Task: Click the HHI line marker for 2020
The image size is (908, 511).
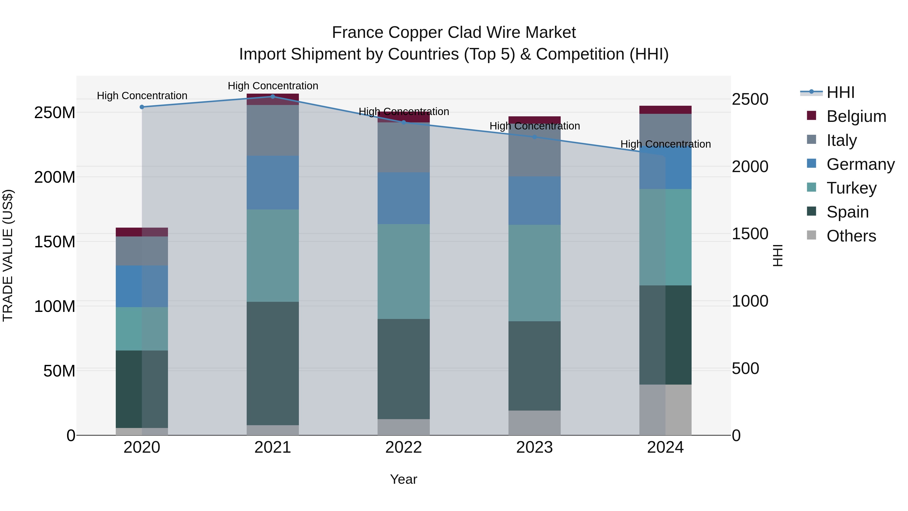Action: click(142, 107)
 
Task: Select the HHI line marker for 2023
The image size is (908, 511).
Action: click(534, 137)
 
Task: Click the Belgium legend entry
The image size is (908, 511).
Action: click(856, 116)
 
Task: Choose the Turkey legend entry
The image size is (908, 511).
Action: click(851, 188)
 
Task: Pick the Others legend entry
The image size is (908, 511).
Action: click(851, 236)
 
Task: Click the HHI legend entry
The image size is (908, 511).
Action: click(840, 92)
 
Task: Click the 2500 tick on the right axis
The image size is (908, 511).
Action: click(750, 99)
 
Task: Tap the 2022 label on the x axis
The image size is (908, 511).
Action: click(404, 447)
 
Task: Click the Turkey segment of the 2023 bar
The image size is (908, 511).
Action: click(534, 273)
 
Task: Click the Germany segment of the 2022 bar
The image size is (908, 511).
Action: click(404, 198)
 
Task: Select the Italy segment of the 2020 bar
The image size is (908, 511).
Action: click(142, 251)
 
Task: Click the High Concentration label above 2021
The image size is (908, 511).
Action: click(273, 86)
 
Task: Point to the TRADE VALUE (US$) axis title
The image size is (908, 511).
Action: click(8, 255)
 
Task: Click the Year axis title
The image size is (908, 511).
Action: click(404, 479)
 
